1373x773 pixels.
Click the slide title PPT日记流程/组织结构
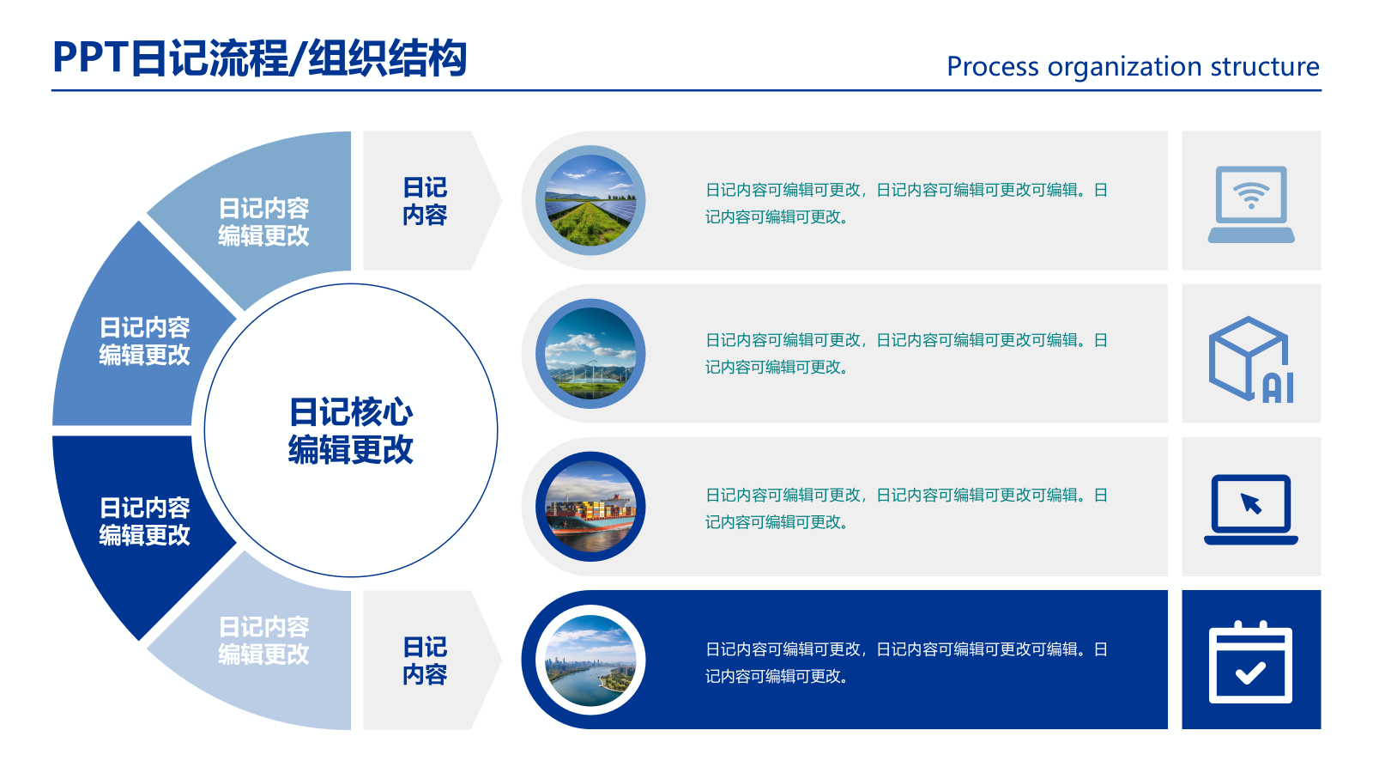(x=259, y=58)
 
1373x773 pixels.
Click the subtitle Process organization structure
(x=1132, y=66)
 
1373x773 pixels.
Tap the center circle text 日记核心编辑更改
(x=350, y=431)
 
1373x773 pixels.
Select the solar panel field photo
(x=590, y=201)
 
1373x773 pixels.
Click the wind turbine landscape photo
(x=590, y=354)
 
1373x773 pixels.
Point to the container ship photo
(x=590, y=507)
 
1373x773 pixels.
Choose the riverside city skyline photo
(x=590, y=660)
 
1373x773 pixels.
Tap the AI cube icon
(x=1251, y=359)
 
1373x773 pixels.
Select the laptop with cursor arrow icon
(x=1251, y=508)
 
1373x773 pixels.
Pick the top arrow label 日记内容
(x=425, y=201)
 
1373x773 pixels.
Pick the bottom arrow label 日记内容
(x=425, y=660)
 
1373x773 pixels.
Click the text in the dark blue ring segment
(x=144, y=521)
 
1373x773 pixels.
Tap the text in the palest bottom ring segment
(x=263, y=641)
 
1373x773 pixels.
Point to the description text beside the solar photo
(x=905, y=204)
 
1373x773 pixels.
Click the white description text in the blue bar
(x=905, y=662)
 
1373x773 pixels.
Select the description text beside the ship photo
(x=905, y=508)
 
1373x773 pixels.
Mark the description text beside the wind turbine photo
(x=905, y=354)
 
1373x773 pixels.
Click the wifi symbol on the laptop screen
(x=1251, y=196)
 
